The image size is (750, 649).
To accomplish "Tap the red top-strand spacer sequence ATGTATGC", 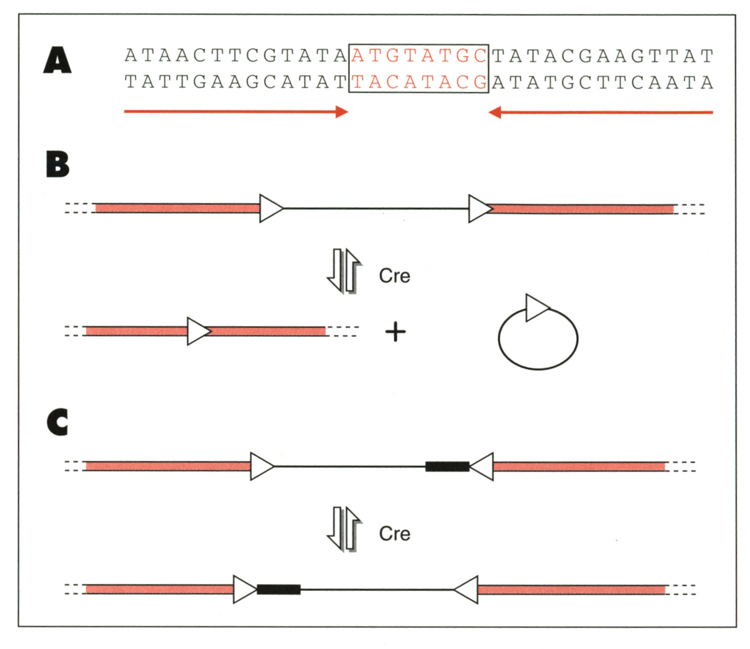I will (x=419, y=56).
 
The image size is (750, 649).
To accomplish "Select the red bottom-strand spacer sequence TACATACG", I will (x=419, y=82).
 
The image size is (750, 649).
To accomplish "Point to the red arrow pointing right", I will (x=236, y=112).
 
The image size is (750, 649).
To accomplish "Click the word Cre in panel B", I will (x=394, y=276).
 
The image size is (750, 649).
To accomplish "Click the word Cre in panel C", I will (x=394, y=533).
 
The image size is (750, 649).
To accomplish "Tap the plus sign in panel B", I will (x=395, y=332).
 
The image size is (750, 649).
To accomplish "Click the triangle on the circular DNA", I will (x=536, y=308).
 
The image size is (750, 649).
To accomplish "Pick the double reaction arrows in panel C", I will (x=345, y=528).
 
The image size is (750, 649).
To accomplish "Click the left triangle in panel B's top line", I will (x=270, y=208).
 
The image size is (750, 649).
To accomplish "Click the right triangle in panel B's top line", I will (x=479, y=208).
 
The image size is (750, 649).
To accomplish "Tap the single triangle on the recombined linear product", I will (x=198, y=331).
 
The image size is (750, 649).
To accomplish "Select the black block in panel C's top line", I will (x=447, y=466).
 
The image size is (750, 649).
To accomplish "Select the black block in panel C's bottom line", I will (x=278, y=589).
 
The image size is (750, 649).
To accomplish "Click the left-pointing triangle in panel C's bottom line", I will (x=467, y=589).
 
